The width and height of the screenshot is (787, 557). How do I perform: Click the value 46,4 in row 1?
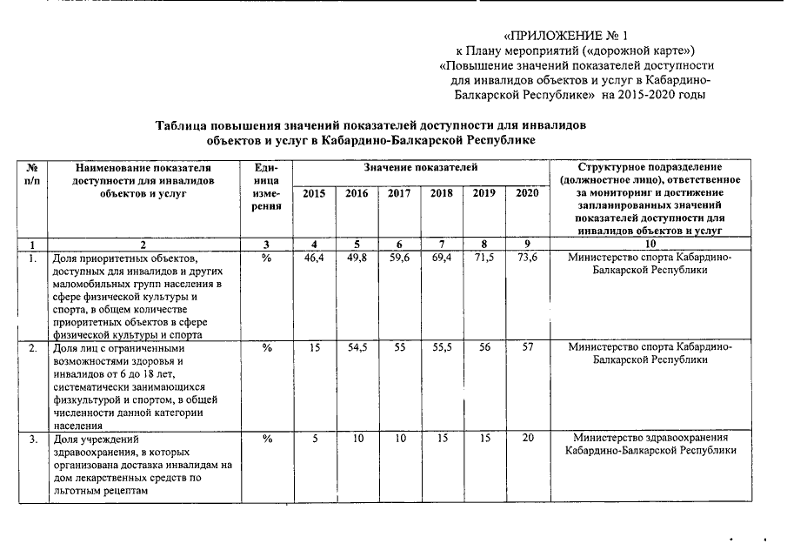(x=313, y=258)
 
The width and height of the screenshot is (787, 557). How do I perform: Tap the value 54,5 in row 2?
(x=357, y=346)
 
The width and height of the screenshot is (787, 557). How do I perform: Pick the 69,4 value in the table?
(x=442, y=258)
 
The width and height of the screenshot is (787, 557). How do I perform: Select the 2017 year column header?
(x=399, y=193)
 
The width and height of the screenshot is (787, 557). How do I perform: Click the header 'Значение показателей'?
(x=420, y=166)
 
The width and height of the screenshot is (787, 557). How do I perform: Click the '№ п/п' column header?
(x=31, y=172)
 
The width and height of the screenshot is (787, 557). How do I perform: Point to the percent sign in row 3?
(x=268, y=439)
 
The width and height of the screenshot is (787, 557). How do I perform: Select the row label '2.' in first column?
(x=31, y=346)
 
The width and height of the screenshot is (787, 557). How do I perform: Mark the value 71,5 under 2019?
(x=484, y=258)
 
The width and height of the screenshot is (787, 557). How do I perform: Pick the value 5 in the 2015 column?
(x=314, y=439)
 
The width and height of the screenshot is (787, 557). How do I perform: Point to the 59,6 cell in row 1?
(x=399, y=258)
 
